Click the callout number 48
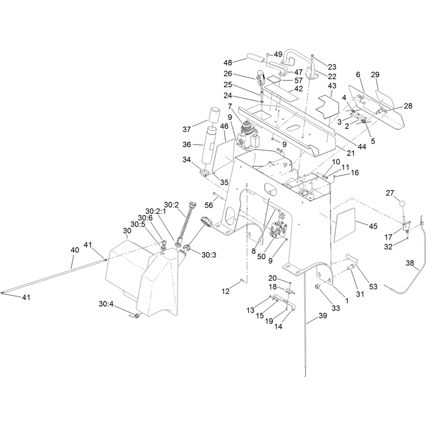point(228,63)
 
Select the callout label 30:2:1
point(155,211)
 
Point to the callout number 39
point(323,316)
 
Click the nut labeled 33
point(317,286)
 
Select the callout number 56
point(209,205)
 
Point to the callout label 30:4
point(106,304)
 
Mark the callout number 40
point(75,250)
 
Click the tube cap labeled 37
point(215,113)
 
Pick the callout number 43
point(332,86)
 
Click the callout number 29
point(375,75)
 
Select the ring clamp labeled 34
point(206,173)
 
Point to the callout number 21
point(351,153)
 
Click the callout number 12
point(225,291)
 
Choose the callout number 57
point(299,80)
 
